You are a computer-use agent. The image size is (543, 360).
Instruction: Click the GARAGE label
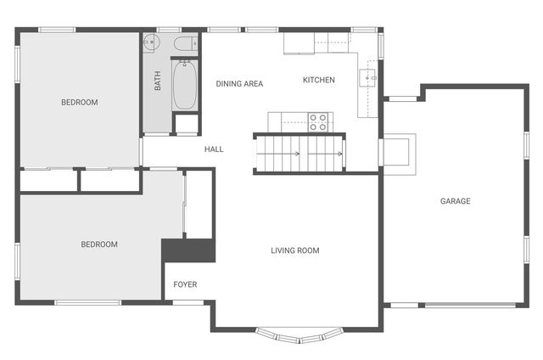click(x=455, y=201)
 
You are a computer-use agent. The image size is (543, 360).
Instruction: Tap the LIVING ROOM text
click(x=294, y=250)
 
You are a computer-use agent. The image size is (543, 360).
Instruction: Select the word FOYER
click(x=185, y=284)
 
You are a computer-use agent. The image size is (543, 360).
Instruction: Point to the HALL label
click(x=214, y=149)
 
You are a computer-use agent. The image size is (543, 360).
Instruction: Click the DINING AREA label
click(x=239, y=83)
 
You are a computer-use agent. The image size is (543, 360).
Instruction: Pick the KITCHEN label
click(x=319, y=80)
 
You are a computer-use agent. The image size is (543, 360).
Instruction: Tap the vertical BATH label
click(x=158, y=81)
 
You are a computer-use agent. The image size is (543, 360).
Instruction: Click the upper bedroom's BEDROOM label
click(x=79, y=103)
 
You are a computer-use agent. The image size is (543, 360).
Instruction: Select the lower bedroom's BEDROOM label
click(x=99, y=245)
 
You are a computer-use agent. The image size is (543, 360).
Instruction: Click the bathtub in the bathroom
click(x=186, y=86)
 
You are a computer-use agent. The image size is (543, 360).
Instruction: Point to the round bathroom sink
click(x=151, y=42)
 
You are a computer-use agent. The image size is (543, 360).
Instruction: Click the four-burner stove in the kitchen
click(x=318, y=122)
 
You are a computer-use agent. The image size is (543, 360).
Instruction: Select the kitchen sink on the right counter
click(x=368, y=77)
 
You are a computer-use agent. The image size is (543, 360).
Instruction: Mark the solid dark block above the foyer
click(x=190, y=250)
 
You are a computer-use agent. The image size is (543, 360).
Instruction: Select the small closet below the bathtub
click(x=186, y=124)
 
